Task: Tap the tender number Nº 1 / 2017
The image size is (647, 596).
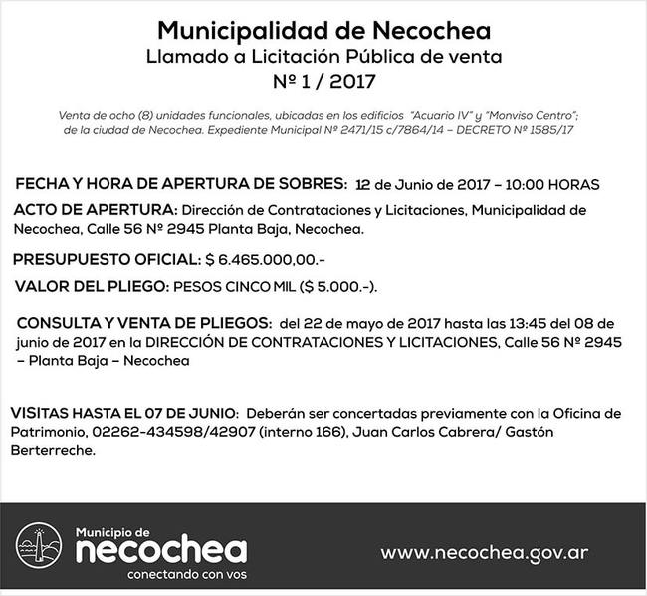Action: point(323,76)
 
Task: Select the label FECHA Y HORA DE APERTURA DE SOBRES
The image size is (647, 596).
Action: point(181,184)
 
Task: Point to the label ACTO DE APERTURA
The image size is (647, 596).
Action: point(94,210)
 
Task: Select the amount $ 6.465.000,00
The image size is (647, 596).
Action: point(250,261)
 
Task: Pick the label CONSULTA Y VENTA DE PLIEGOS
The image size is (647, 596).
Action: point(143,324)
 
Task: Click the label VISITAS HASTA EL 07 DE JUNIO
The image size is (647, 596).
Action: point(122,413)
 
